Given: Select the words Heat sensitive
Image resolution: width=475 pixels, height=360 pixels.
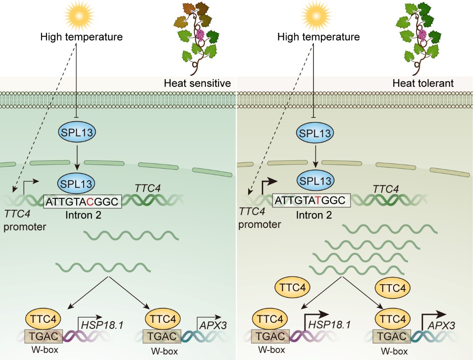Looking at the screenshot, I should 197,83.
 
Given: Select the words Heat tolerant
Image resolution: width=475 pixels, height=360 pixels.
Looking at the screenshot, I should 423,83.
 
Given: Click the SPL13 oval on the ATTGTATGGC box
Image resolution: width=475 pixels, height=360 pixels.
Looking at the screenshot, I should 315,180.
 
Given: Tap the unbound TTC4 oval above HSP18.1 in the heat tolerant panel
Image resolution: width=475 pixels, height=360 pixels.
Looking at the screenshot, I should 292,288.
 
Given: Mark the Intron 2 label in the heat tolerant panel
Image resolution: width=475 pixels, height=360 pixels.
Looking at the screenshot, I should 314,215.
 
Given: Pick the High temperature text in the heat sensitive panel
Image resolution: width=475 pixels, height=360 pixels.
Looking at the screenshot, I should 81,37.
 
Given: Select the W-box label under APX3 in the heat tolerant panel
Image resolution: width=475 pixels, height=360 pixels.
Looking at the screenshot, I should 391,351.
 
